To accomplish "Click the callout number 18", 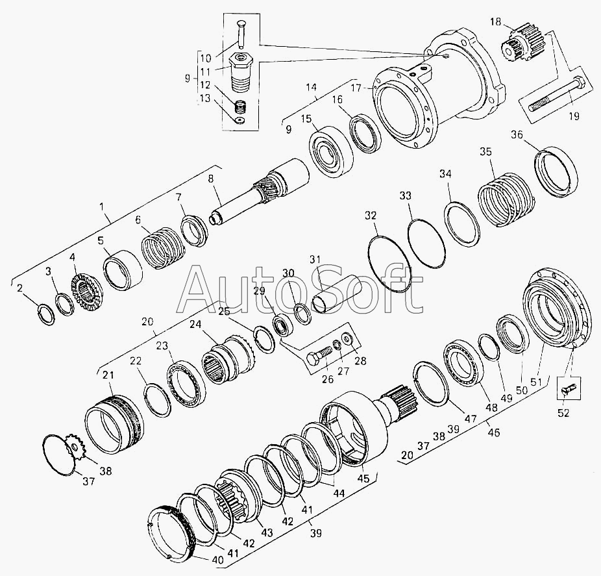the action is pos(496,22).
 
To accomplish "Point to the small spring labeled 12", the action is pos(240,106).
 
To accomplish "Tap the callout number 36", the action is pos(517,135).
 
